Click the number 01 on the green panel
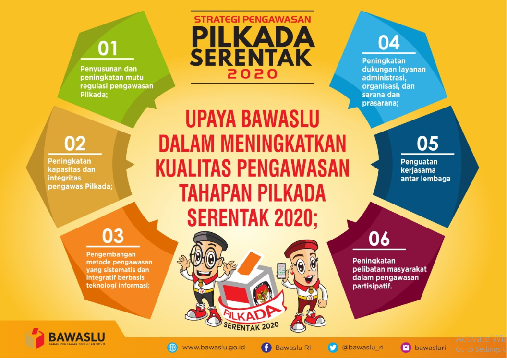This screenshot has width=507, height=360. click(x=108, y=49)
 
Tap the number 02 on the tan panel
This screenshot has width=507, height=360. click(x=75, y=144)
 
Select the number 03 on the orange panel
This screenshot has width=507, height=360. click(x=113, y=236)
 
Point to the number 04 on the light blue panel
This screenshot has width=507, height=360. click(x=389, y=43)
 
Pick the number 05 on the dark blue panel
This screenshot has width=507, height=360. click(x=428, y=144)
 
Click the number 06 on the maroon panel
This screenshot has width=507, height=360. click(x=379, y=239)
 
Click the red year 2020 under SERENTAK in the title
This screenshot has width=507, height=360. click(x=253, y=74)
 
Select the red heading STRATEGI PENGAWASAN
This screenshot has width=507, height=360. click(x=253, y=20)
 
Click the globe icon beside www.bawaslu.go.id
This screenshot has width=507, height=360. click(x=172, y=347)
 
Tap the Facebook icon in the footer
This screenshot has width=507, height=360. click(x=266, y=347)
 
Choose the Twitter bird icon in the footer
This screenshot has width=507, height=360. click(x=333, y=347)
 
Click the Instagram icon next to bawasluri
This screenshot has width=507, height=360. click(x=406, y=347)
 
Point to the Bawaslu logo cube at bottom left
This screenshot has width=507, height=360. click(x=35, y=337)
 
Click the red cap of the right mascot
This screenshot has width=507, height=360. click(x=301, y=247)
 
